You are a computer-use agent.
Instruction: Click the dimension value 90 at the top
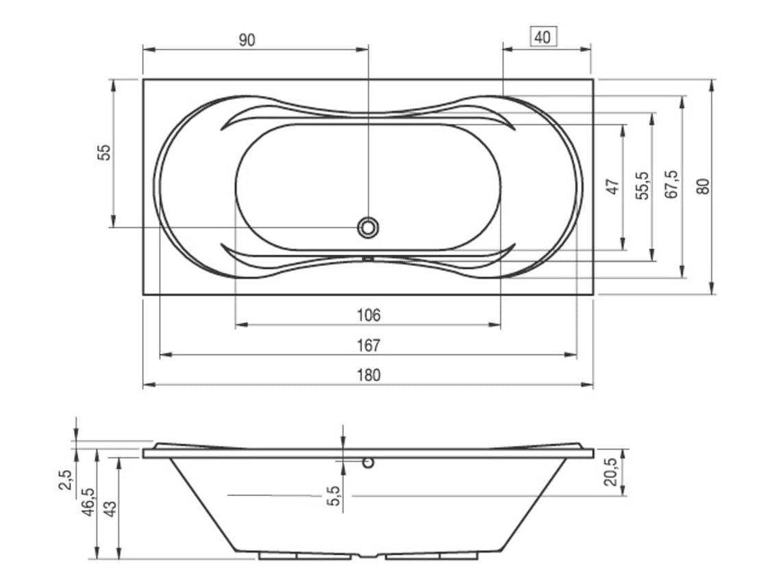247,40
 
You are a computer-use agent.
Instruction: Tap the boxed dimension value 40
543,37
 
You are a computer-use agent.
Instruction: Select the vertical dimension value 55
103,152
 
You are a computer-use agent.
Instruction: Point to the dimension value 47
613,186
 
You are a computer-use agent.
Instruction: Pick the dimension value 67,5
672,185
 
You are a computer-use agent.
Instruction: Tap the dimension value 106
369,315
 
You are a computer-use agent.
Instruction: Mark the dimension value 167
369,346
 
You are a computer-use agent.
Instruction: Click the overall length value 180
369,375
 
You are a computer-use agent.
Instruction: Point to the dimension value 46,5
88,502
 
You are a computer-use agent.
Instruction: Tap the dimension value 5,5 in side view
334,495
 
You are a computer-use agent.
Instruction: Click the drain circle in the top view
369,227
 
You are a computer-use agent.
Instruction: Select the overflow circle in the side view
369,463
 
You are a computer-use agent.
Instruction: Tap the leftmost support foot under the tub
277,556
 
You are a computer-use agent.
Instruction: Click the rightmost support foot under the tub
460,556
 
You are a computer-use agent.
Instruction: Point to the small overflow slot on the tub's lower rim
368,259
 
